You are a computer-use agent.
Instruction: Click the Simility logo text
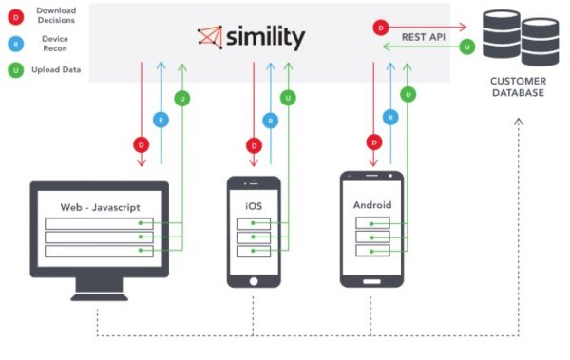pyautogui.click(x=262, y=37)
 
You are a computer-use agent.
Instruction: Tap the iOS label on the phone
pyautogui.click(x=254, y=206)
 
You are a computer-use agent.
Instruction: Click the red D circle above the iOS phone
pyautogui.click(x=254, y=145)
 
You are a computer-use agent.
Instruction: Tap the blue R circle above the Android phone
pyautogui.click(x=389, y=117)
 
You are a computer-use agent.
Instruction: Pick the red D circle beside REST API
pyautogui.click(x=381, y=28)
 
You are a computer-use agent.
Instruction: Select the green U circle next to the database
pyautogui.click(x=465, y=46)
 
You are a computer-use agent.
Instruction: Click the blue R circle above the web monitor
pyautogui.click(x=161, y=120)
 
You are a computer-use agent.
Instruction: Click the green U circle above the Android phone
pyautogui.click(x=408, y=94)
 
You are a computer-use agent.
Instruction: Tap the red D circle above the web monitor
pyautogui.click(x=141, y=145)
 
